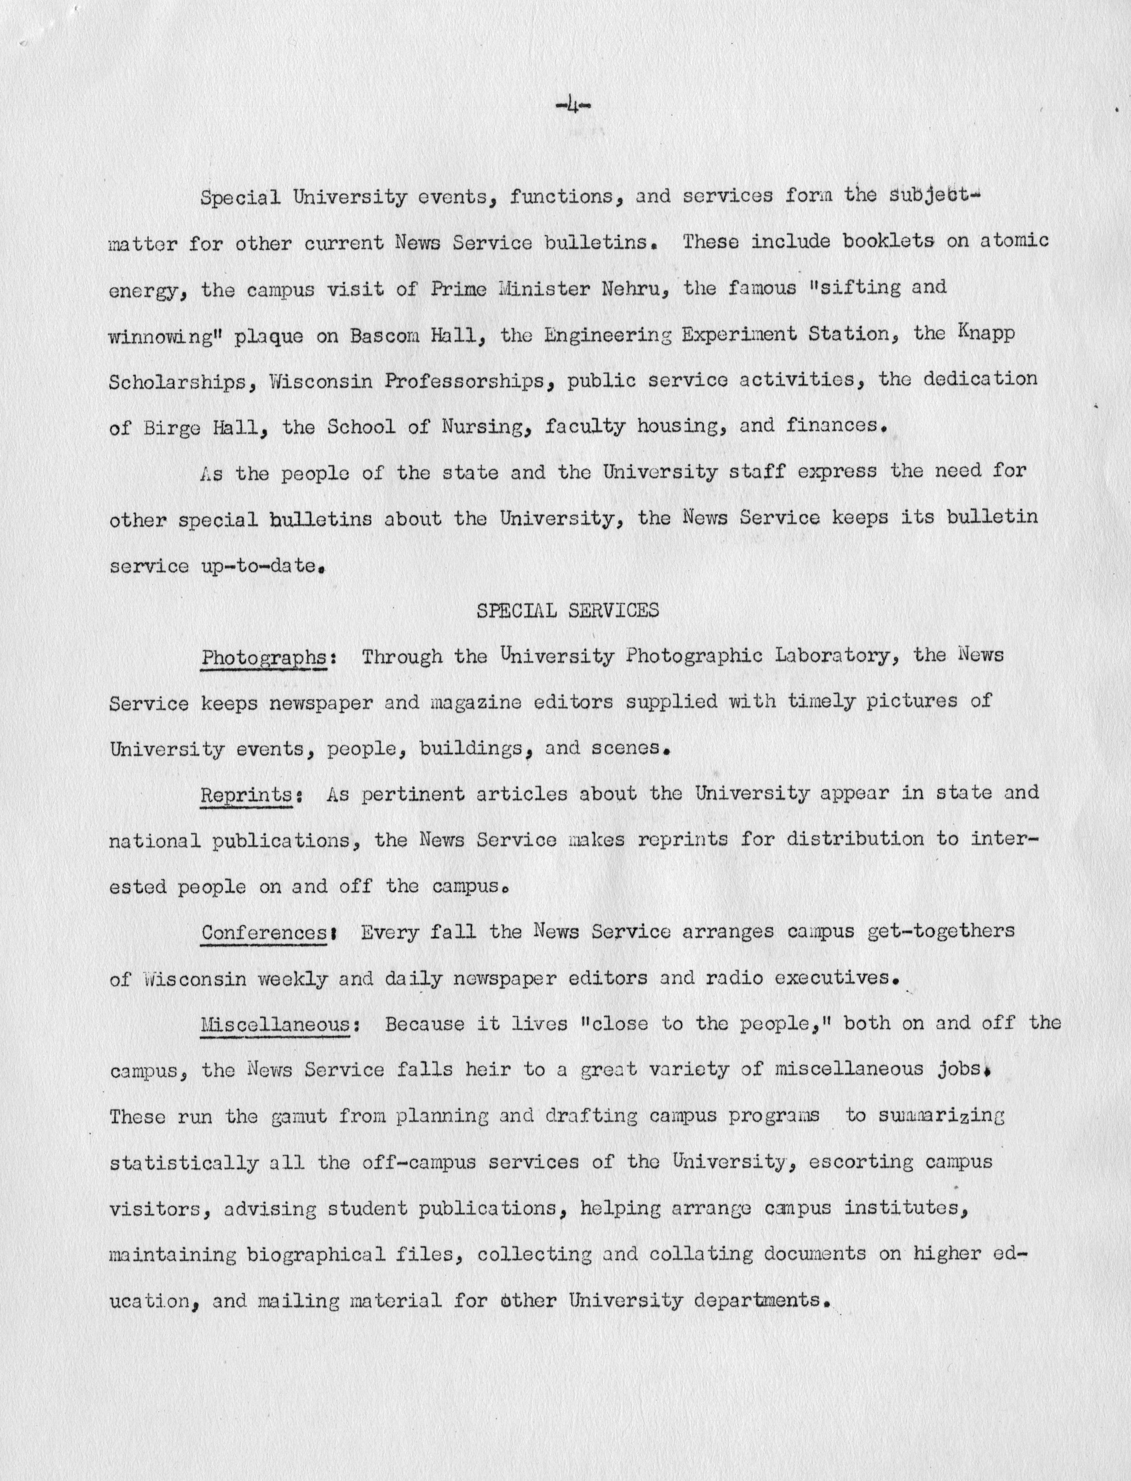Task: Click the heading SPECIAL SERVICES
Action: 567,610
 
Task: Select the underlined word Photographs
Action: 264,657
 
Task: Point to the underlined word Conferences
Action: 264,933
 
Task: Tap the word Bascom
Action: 395,334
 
